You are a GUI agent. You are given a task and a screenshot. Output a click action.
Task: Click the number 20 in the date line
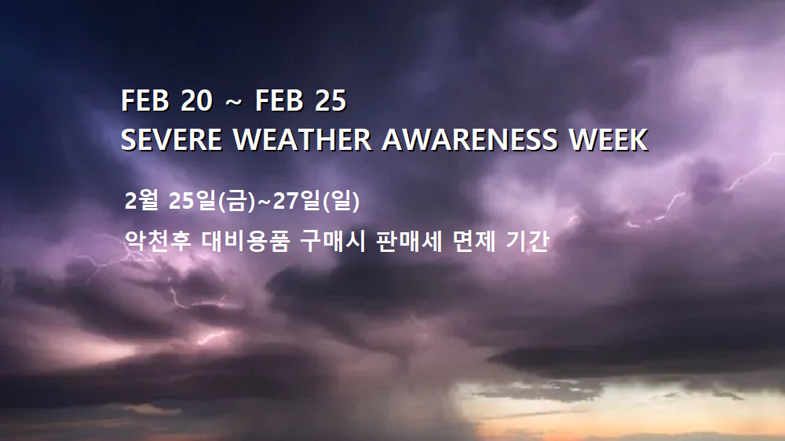point(196,100)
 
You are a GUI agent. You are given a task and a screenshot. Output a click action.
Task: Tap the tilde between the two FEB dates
point(234,102)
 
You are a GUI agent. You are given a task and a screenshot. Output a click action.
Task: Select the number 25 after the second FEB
point(330,100)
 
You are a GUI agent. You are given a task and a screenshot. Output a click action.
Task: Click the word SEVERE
point(171,139)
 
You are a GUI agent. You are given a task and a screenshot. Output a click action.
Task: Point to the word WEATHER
point(302,139)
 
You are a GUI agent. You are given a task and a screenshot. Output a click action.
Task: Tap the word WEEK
point(609,139)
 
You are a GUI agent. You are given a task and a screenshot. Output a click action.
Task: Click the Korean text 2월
point(141,200)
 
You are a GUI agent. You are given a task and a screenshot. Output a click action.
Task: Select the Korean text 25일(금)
point(212,200)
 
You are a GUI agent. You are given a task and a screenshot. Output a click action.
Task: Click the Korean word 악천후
point(158,241)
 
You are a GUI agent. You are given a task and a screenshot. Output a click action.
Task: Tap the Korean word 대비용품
point(245,241)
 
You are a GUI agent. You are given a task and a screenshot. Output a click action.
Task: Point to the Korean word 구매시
point(333,241)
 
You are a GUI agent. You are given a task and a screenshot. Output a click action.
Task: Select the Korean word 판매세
point(409,241)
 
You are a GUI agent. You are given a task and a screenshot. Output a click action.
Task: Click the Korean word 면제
point(474,241)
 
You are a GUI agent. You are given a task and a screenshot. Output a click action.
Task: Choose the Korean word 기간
point(528,241)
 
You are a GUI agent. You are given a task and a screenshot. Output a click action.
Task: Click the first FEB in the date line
point(145,100)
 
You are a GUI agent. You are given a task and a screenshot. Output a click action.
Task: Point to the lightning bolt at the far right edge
point(756,171)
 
